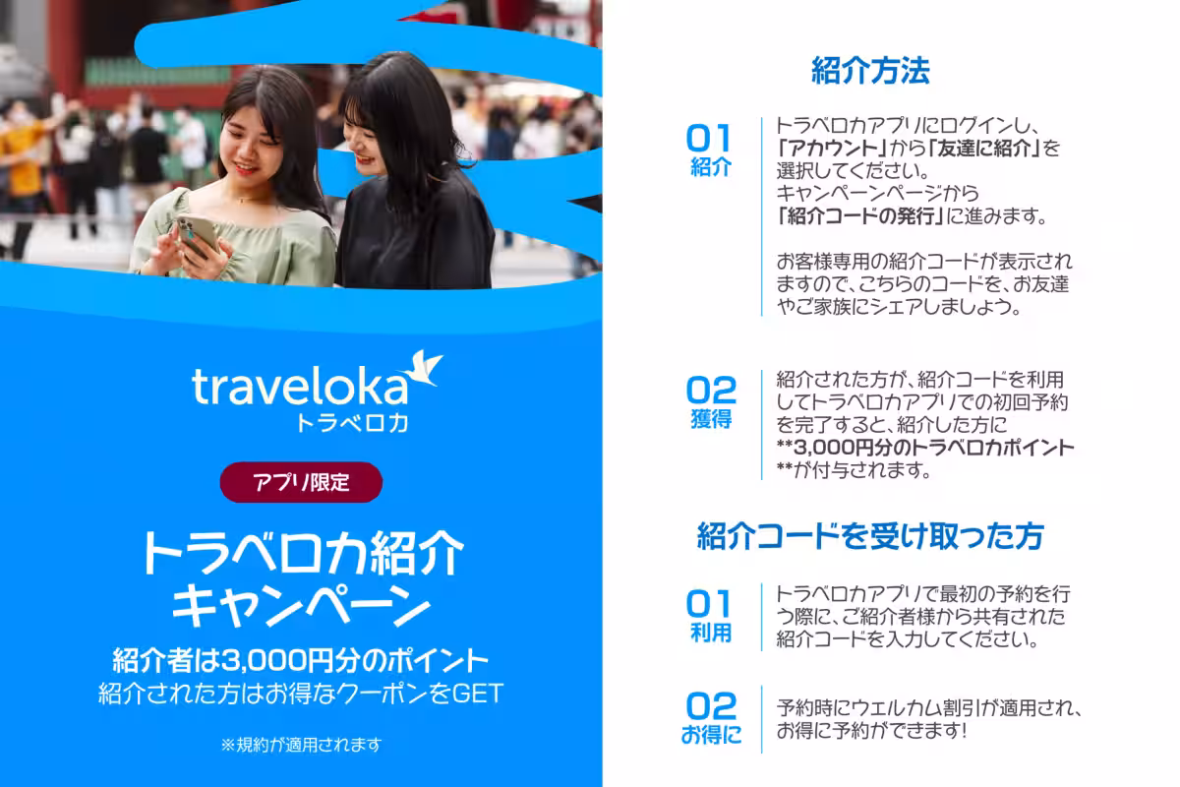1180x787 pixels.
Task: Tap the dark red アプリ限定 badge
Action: [x=301, y=482]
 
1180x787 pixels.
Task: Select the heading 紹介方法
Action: [x=870, y=71]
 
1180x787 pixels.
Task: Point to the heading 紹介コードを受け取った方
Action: [x=870, y=536]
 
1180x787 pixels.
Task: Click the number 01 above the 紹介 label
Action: [x=709, y=139]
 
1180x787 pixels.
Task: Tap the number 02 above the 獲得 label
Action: [x=711, y=391]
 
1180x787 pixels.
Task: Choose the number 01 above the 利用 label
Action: [x=709, y=604]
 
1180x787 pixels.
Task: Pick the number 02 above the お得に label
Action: [x=711, y=705]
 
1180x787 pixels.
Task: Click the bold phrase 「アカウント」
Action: [x=831, y=149]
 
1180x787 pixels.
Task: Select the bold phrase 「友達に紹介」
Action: [x=983, y=149]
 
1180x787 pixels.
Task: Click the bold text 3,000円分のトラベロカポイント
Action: [x=933, y=448]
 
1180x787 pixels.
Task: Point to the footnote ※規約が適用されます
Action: [x=301, y=745]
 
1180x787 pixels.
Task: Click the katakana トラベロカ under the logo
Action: [x=352, y=423]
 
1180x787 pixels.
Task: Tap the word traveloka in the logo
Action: [x=300, y=387]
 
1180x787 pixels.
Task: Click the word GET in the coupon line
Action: [x=478, y=694]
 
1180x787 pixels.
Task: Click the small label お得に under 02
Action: [x=711, y=735]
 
